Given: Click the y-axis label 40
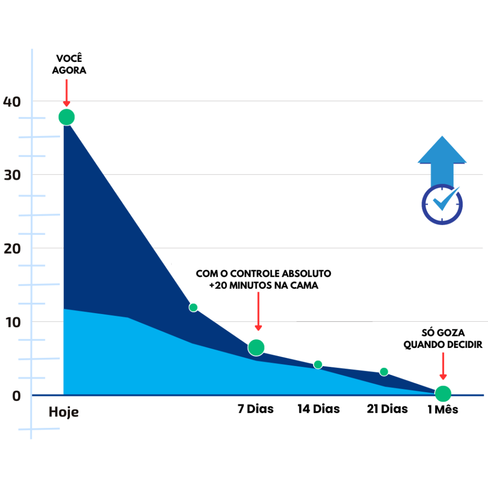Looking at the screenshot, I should tap(12, 101).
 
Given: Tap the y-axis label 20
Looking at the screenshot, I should tap(12, 248).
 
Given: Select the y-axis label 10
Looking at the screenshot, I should tap(12, 322).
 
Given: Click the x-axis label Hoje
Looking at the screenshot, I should tap(63, 412).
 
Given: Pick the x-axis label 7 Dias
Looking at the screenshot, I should tap(256, 409).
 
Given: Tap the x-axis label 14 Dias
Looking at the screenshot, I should tap(319, 409).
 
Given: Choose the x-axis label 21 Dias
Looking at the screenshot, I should tap(387, 409).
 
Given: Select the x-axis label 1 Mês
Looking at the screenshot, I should tap(443, 409).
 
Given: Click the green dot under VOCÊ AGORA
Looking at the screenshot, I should tap(67, 117).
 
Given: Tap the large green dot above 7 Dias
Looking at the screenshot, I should tap(256, 348).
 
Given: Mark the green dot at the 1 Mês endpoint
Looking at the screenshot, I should tap(443, 394).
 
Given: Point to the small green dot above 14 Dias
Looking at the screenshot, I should tap(318, 365).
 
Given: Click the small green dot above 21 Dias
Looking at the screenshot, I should tap(384, 372).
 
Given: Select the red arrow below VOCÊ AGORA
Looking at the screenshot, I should tap(67, 93).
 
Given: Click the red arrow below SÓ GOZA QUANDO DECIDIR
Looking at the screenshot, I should tap(443, 366).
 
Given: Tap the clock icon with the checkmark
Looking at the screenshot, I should tap(442, 204).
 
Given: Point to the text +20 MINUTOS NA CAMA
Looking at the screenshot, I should tap(264, 285).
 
